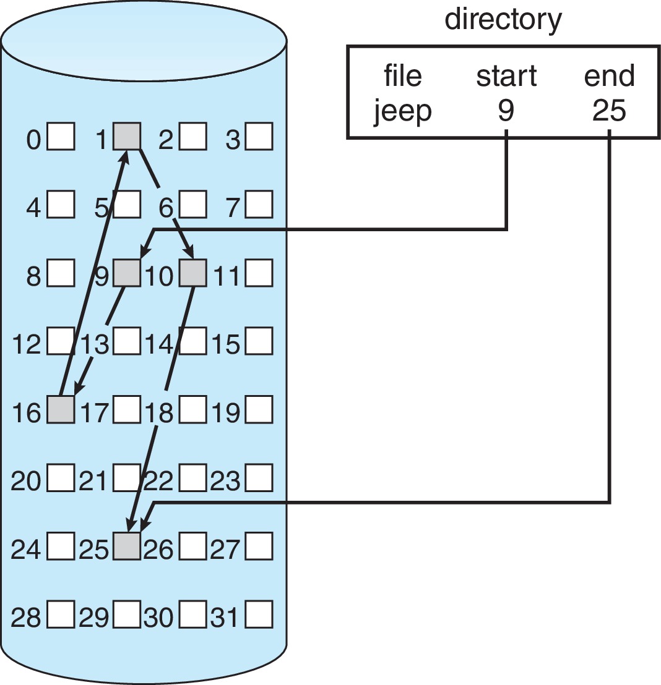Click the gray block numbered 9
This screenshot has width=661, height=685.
127,273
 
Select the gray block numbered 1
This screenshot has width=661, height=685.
127,136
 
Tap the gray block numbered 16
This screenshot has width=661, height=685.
61,410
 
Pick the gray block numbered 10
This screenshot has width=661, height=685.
193,273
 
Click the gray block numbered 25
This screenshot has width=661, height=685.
127,546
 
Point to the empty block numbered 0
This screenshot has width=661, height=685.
61,137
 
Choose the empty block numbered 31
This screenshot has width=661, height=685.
259,615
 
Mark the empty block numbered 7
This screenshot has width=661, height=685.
259,205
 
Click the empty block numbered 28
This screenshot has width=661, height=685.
61,615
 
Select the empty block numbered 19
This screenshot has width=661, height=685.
259,410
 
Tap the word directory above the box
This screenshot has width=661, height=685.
503,20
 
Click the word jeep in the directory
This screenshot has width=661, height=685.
402,112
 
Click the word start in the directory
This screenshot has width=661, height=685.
506,77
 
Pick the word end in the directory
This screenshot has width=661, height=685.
609,77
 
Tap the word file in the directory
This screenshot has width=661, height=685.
403,77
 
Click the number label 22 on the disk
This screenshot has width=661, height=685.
159,480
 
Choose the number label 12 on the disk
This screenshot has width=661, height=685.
27,344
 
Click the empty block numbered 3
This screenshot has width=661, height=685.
259,137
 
